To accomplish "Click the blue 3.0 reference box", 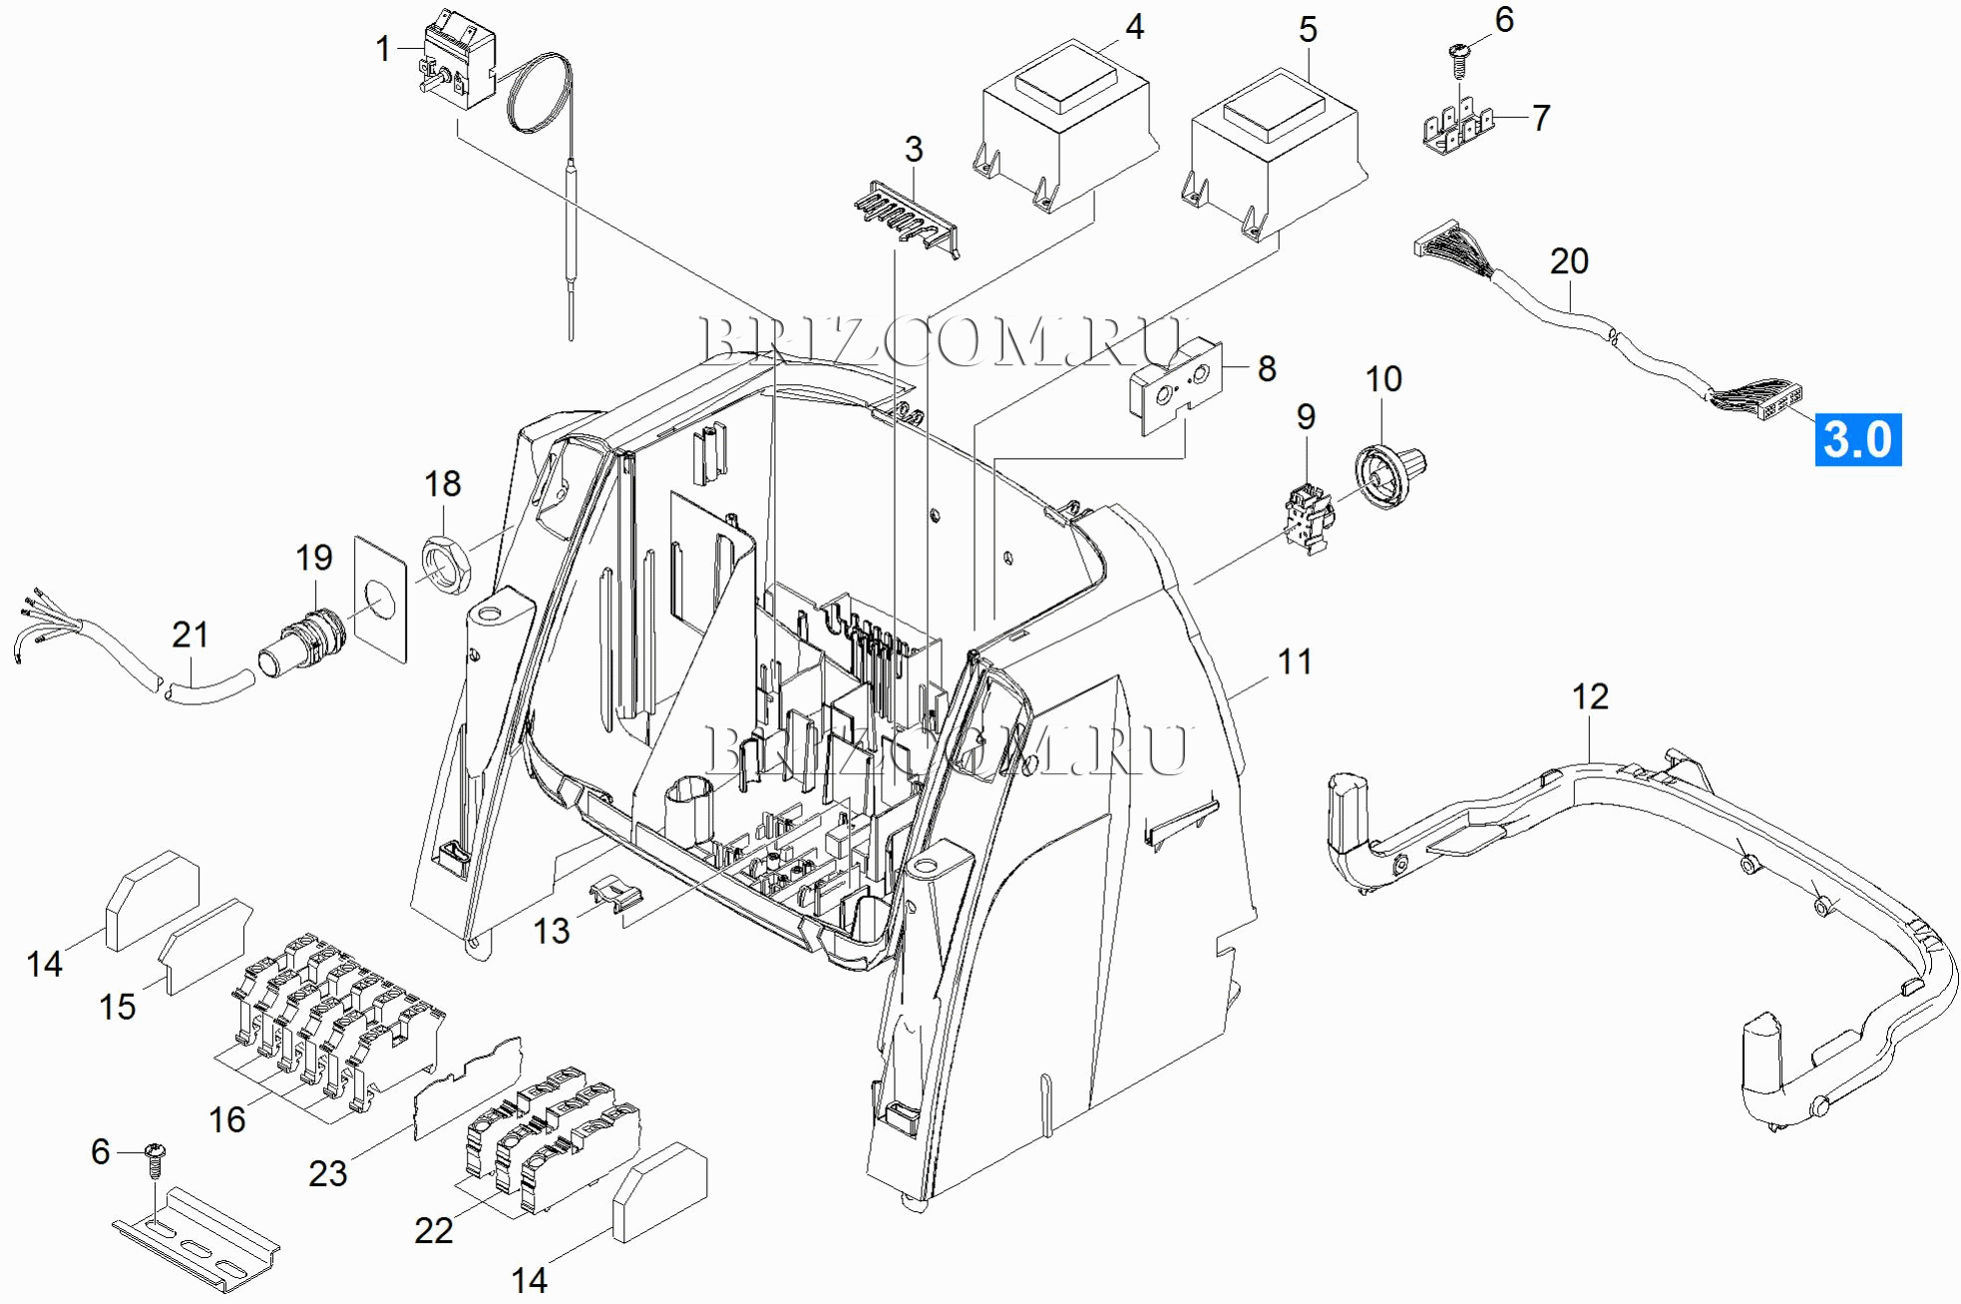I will pos(1857,440).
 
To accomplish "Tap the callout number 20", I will pos(1568,261).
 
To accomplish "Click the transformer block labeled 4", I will pos(1064,126).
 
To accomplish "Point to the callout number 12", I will pos(1590,696).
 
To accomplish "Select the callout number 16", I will pos(227,1119).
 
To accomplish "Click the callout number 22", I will pos(434,1230).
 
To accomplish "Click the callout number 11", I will pos(1295,660).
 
